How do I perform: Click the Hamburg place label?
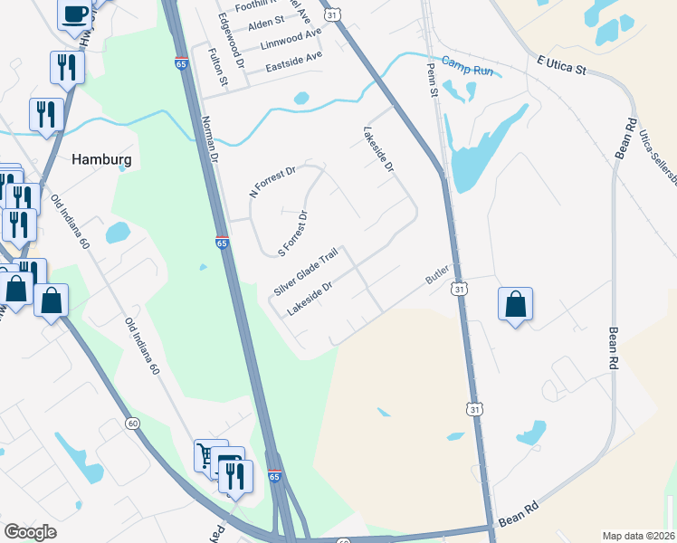pos(101,159)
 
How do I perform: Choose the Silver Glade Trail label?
pos(306,271)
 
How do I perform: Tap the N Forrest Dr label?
pos(272,183)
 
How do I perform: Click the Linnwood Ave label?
pos(291,39)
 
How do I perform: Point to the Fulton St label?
pos(217,69)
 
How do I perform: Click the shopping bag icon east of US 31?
pos(515,304)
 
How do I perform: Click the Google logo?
pos(31,532)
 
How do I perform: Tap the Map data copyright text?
pos(638,536)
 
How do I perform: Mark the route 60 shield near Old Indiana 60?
pos(132,423)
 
